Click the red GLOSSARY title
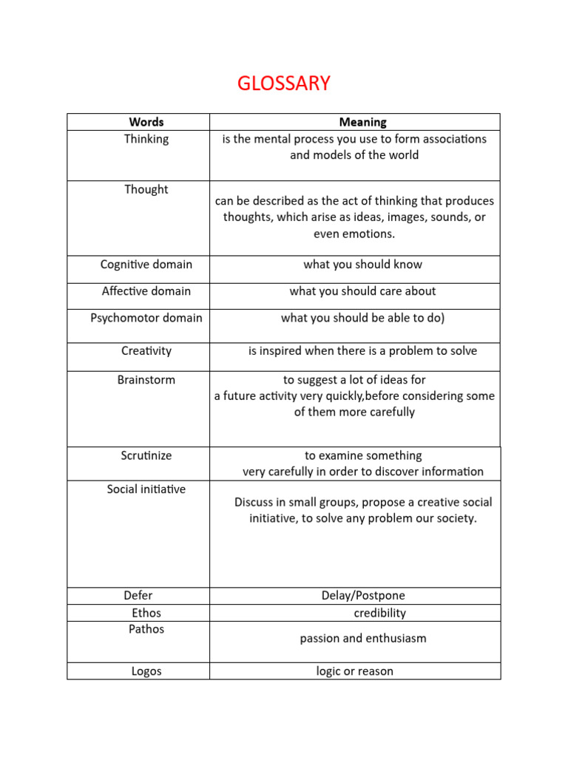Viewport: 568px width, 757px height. pos(284,84)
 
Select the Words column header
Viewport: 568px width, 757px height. pos(146,122)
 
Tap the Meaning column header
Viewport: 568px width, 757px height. pos(362,122)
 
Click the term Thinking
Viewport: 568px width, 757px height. pos(146,139)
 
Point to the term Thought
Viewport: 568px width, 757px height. pos(146,189)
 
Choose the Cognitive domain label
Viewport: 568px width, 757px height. pos(146,265)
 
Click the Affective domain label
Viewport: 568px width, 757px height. pos(146,291)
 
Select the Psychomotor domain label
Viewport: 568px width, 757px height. pos(146,318)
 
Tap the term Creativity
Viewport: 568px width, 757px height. pos(146,351)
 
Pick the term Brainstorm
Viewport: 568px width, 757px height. pos(146,380)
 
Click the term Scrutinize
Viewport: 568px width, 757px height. pos(146,455)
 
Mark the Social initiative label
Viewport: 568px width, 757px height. pos(146,489)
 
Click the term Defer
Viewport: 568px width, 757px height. pos(138,596)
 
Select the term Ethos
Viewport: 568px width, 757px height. pos(146,613)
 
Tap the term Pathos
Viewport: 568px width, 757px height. pos(146,629)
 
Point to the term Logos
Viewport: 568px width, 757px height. pos(146,671)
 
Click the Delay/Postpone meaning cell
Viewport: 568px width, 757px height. pos(363,596)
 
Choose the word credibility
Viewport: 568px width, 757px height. pos(379,613)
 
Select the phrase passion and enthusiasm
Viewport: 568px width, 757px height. pos(363,638)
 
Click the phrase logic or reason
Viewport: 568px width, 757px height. pos(355,671)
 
